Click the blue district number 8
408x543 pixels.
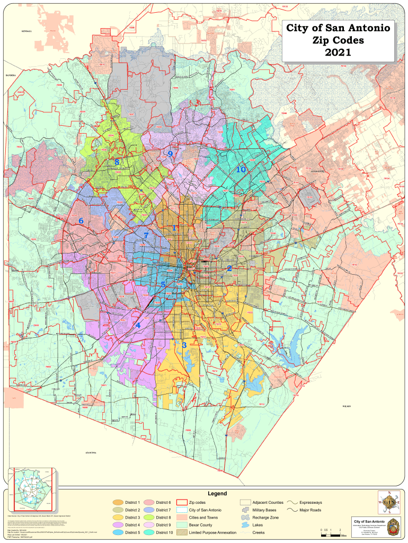(117, 162)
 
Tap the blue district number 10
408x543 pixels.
(241, 169)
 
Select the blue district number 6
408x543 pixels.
(81, 221)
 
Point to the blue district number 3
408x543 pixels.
(184, 345)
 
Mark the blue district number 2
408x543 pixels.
(229, 268)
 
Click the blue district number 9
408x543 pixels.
(170, 154)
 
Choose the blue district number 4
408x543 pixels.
(138, 325)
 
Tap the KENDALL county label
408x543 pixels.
(26, 32)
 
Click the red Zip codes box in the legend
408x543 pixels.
(182, 502)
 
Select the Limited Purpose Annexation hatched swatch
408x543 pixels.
(182, 532)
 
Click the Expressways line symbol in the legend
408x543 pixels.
(292, 502)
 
